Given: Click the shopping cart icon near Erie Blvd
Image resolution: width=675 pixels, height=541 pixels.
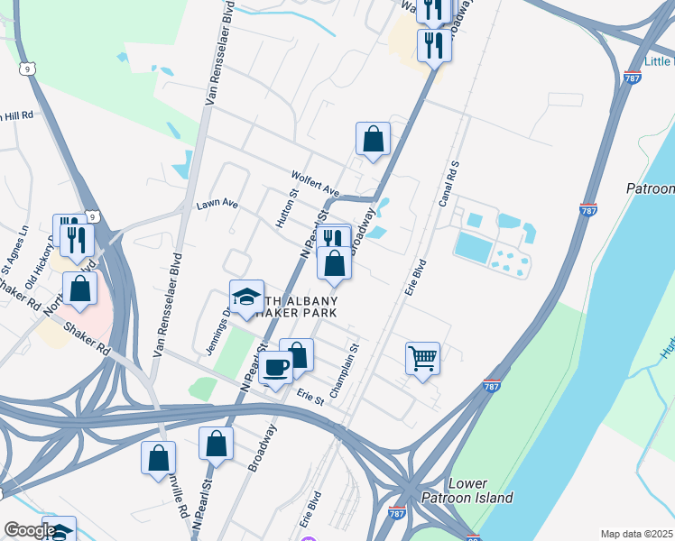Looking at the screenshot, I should coord(422,359).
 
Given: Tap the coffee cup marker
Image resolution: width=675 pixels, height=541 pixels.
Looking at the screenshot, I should coord(276,368).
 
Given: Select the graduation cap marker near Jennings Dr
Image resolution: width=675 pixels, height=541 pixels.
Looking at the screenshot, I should coord(246,297).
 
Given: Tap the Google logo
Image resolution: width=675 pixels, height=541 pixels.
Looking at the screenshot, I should coord(29,530).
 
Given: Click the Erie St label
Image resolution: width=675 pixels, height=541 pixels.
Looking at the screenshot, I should coord(310,396).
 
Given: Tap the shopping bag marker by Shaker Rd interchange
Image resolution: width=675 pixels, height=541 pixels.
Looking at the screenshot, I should coord(80,289).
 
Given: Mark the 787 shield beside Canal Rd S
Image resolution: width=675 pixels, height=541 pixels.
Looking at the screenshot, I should coord(588,210).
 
